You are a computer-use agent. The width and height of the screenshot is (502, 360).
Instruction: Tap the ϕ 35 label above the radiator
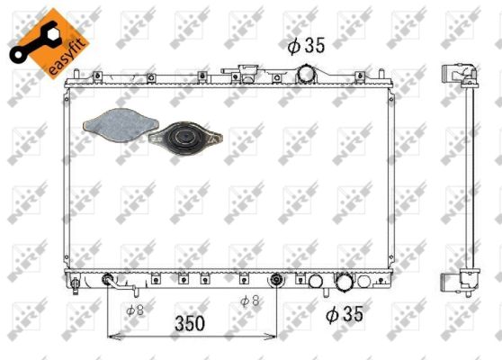pos(306,47)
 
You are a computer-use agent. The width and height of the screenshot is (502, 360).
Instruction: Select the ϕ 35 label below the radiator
pos(345,314)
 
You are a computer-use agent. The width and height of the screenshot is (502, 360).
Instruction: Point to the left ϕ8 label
pos(135,310)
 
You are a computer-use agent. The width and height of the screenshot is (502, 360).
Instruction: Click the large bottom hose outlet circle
pos(345,283)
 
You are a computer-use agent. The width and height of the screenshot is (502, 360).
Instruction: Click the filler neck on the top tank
pos(247,71)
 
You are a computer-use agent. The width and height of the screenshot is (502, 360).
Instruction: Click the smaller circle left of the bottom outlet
pos(316,283)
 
